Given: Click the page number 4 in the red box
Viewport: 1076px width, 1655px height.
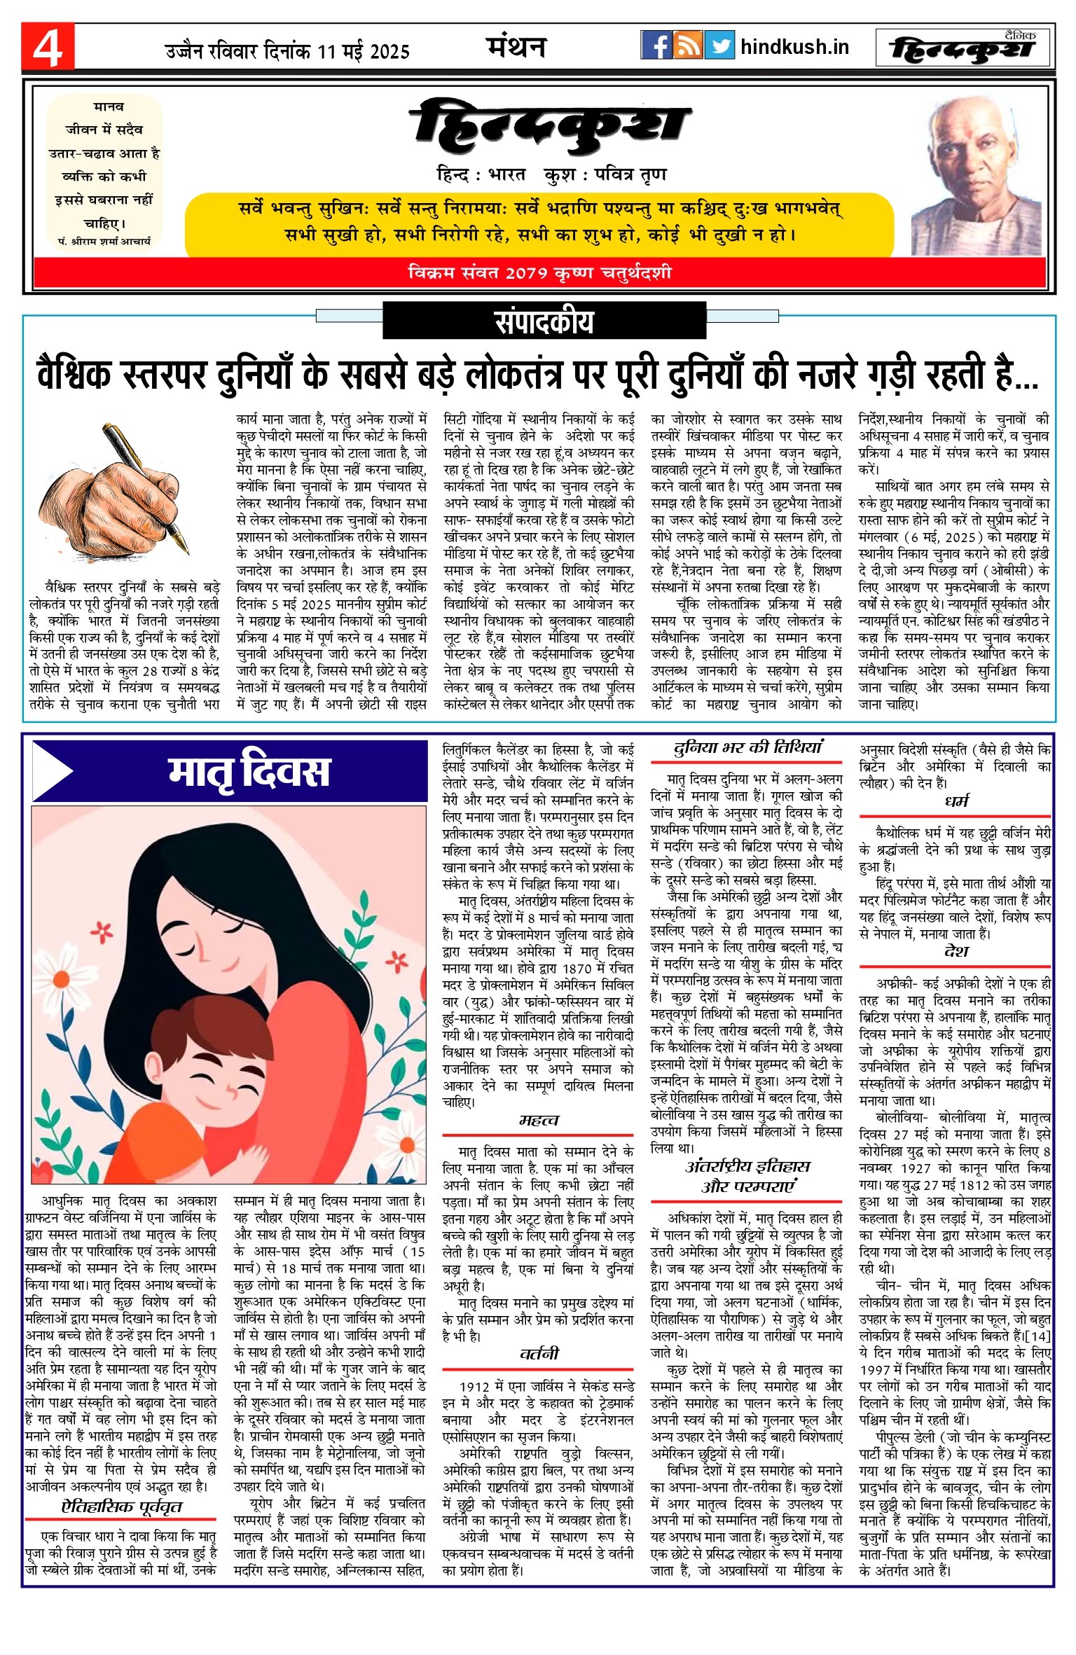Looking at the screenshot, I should click(47, 47).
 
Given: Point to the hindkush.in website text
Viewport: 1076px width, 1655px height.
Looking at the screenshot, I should click(794, 47).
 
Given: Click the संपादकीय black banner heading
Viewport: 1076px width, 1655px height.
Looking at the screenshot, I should click(544, 321).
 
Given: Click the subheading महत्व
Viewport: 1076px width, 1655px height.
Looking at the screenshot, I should click(538, 1120).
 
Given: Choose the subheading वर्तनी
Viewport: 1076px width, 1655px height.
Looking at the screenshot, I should click(538, 1352).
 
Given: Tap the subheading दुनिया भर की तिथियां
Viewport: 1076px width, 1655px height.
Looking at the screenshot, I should click(747, 748).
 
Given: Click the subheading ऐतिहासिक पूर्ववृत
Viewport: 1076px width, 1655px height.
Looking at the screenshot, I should click(121, 1507).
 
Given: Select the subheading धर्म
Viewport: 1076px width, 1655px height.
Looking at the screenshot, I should click(956, 801).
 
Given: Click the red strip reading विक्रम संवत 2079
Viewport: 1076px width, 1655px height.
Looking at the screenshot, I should click(539, 272).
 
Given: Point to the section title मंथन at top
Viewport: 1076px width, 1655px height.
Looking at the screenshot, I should click(516, 47).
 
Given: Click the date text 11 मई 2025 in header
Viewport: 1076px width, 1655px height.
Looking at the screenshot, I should click(363, 51).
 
